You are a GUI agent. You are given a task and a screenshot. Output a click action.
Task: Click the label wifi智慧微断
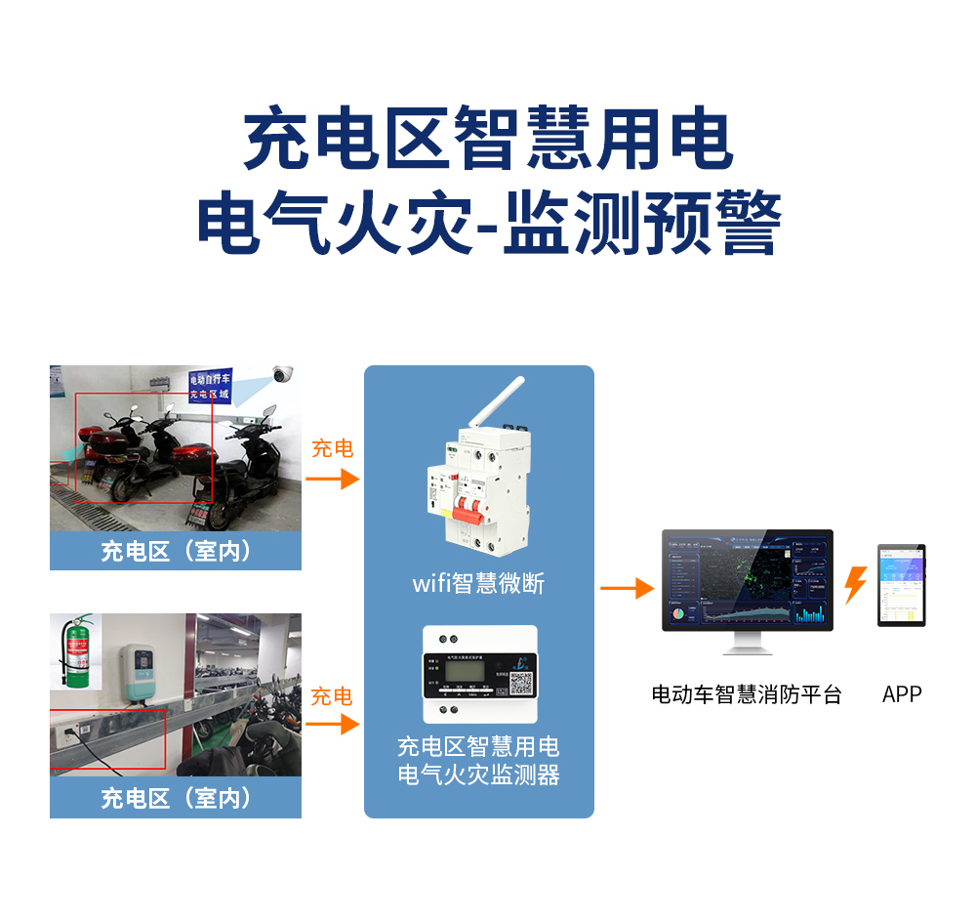point(478,584)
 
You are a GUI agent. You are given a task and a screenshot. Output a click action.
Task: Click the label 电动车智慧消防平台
point(746,694)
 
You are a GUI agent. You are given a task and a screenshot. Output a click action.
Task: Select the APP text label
point(901,694)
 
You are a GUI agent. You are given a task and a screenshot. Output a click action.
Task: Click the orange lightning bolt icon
point(855,585)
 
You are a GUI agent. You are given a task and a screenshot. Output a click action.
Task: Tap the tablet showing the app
point(901,585)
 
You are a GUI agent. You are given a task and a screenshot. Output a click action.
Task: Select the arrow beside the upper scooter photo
point(332,479)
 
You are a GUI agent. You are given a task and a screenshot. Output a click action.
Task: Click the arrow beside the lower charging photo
point(332,724)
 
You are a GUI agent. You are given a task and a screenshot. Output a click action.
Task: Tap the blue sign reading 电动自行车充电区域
point(210,387)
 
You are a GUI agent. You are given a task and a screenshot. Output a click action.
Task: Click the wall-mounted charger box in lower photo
point(141,672)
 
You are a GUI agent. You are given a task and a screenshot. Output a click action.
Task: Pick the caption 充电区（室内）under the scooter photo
point(176,551)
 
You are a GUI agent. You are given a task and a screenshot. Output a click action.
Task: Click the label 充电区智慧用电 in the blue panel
point(478,747)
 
